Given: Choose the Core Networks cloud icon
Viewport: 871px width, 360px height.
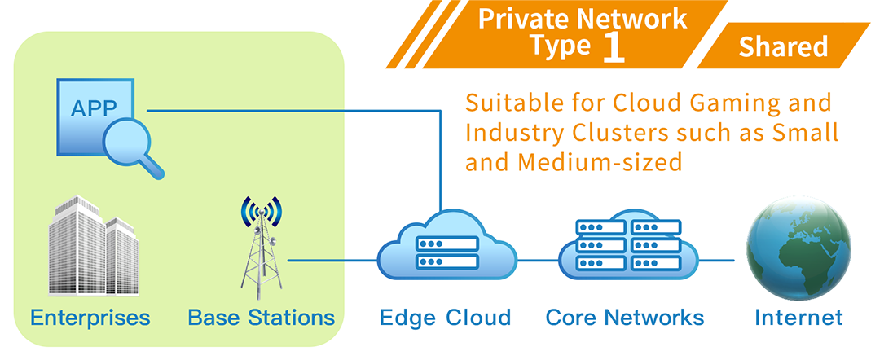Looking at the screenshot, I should coord(627,247).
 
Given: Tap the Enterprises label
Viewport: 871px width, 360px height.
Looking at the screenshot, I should coord(90,318).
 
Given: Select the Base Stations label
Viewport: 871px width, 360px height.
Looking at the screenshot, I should coord(261,318).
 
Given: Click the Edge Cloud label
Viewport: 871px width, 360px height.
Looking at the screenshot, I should coord(445,318).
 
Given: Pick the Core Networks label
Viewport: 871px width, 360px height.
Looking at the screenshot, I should coord(625,318).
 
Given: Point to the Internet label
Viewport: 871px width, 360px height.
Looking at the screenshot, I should coord(798,318).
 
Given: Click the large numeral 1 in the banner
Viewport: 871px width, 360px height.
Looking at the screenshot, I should coord(613,47).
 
